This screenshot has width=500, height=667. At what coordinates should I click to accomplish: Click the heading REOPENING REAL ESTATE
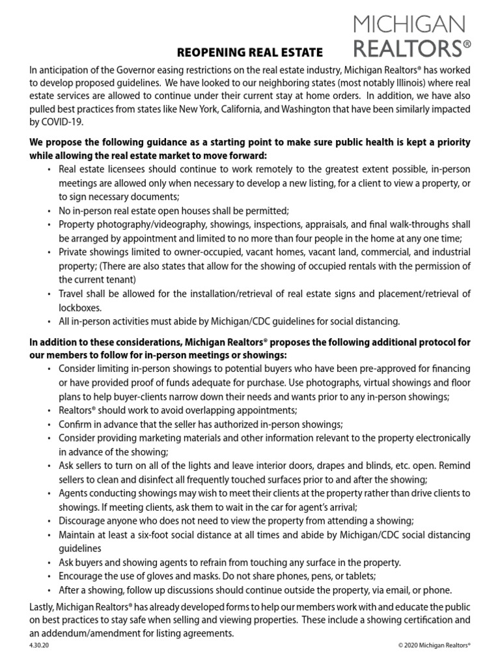pos(250,51)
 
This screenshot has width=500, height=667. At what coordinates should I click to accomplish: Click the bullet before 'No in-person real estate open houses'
pos(51,211)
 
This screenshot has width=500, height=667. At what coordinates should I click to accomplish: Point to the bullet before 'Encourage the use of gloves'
pos(51,576)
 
